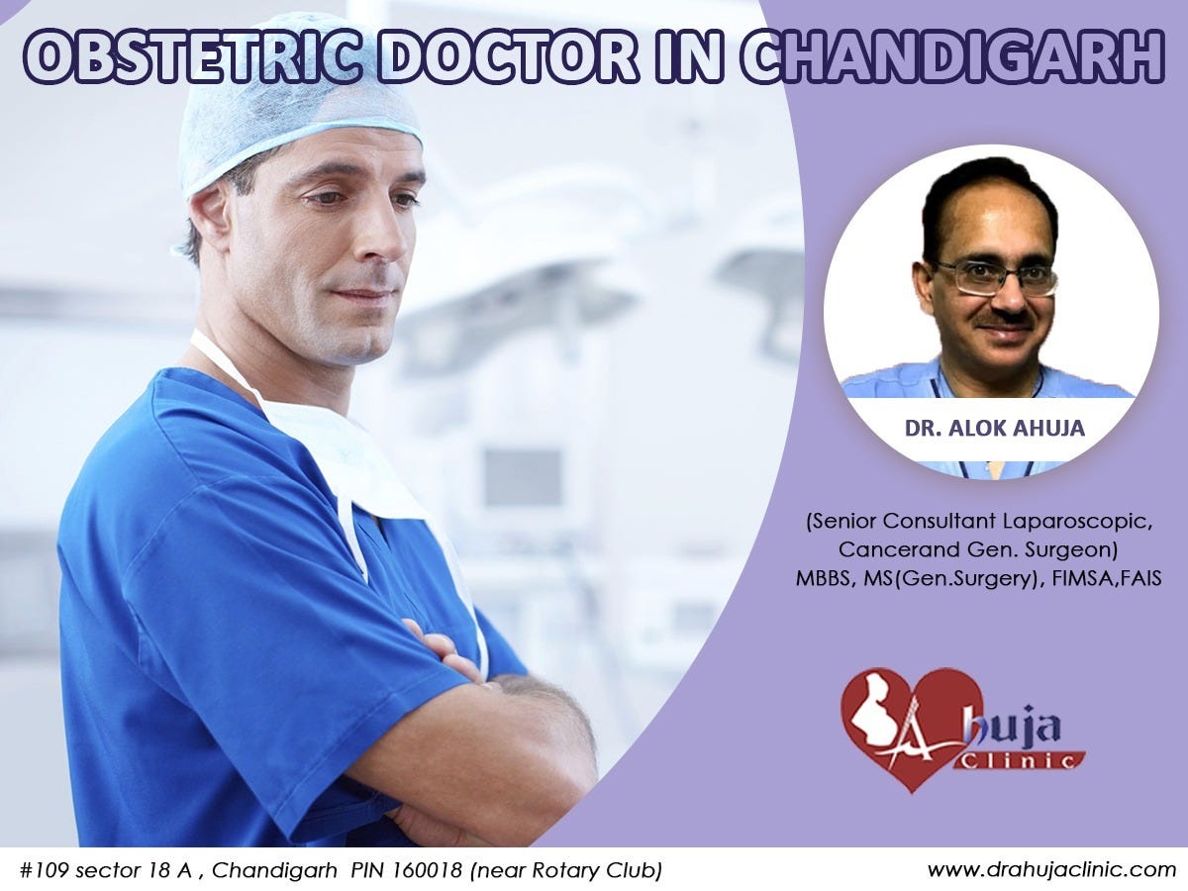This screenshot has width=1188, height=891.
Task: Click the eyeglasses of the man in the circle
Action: coord(996,277)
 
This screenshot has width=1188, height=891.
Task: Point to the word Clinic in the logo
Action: coord(1020,759)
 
